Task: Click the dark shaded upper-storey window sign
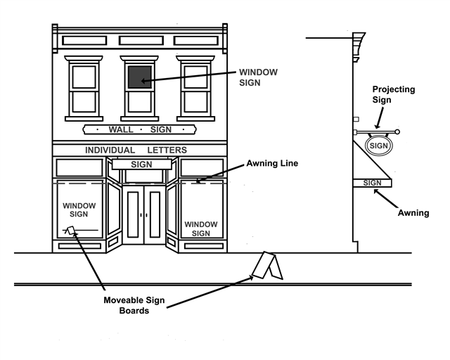tap(140, 76)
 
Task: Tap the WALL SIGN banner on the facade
tap(139, 129)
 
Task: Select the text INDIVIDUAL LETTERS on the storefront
tap(136, 150)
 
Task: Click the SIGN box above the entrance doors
tap(141, 165)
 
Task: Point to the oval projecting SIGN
tap(379, 146)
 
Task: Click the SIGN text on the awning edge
tap(372, 183)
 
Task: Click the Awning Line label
tap(272, 163)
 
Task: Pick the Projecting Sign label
tap(393, 94)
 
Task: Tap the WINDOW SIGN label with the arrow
tap(259, 77)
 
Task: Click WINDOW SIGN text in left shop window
tap(79, 210)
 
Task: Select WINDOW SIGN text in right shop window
tap(201, 229)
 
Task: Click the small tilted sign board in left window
tap(70, 230)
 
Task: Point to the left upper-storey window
tap(84, 87)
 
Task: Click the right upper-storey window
tap(197, 87)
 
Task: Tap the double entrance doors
tap(143, 214)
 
